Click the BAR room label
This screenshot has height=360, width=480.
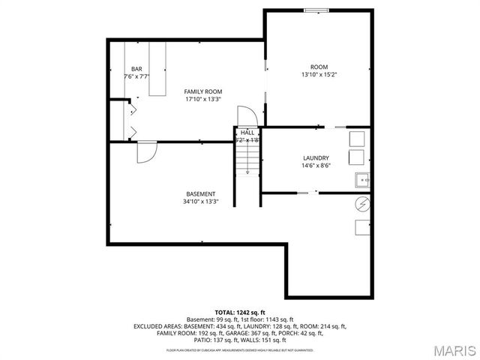pyautogui.click(x=137, y=69)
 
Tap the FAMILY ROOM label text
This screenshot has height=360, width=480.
pyautogui.click(x=203, y=91)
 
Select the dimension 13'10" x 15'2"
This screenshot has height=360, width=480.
pyautogui.click(x=319, y=74)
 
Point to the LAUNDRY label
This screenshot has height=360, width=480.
pyautogui.click(x=316, y=157)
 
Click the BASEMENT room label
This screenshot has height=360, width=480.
pyautogui.click(x=201, y=193)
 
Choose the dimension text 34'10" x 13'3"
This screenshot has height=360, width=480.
pyautogui.click(x=201, y=201)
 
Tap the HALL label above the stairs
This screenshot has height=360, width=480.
pyautogui.click(x=247, y=133)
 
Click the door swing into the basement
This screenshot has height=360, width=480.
pyautogui.click(x=145, y=151)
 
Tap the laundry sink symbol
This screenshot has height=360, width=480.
pyautogui.click(x=363, y=180)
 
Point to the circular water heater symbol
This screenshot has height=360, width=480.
pyautogui.click(x=363, y=204)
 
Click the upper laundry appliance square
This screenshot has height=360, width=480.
pyautogui.click(x=357, y=137)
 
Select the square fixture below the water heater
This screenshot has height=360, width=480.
pyautogui.click(x=363, y=228)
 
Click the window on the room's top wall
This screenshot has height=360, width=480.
pyautogui.click(x=316, y=10)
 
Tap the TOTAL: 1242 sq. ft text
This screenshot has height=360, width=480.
pyautogui.click(x=240, y=312)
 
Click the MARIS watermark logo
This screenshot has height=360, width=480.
pyautogui.click(x=448, y=349)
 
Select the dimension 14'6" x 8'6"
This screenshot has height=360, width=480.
pyautogui.click(x=316, y=166)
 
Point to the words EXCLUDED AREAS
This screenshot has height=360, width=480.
pyautogui.click(x=159, y=327)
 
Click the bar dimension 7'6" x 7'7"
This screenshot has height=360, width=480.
pyautogui.click(x=137, y=76)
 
